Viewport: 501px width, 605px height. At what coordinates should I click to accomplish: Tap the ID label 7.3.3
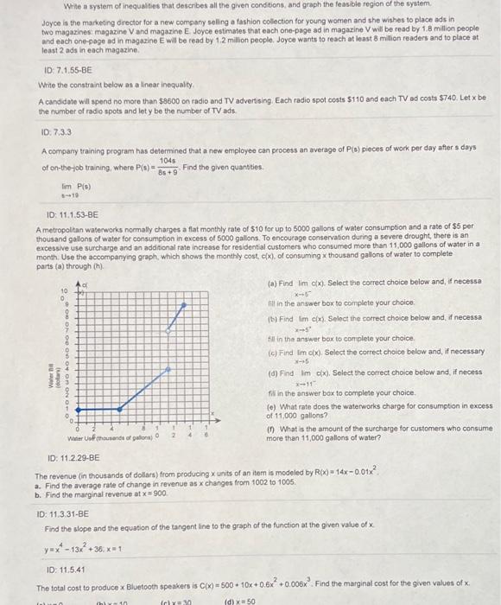coord(58,131)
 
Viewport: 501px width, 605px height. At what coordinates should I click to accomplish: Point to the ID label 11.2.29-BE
coord(67,457)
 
